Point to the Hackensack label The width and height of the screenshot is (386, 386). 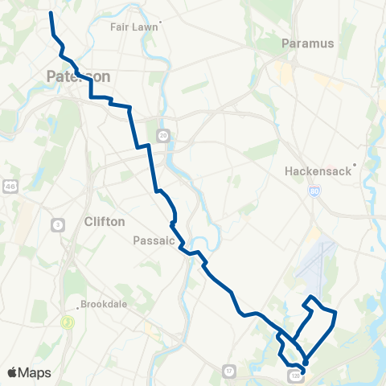[x=309, y=171]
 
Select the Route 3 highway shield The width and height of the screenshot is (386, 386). [x=59, y=224]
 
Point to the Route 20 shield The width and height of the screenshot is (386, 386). [x=163, y=134]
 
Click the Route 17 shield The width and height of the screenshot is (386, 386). [x=229, y=370]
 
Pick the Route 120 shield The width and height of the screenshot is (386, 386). [x=294, y=375]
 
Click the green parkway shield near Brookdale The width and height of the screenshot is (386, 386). [x=68, y=322]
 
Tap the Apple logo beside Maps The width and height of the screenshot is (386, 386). [x=13, y=372]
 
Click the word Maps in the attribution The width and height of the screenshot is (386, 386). [x=35, y=372]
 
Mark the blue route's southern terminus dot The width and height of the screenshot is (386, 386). [x=305, y=363]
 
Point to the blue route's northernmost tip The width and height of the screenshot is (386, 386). [x=51, y=13]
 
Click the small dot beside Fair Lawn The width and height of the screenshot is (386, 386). [x=161, y=22]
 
